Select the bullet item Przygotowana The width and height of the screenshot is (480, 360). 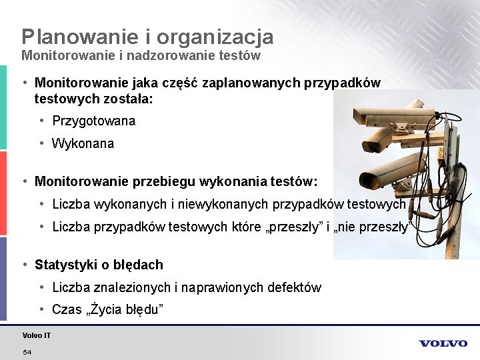tap(93, 121)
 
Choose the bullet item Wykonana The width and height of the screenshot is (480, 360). tap(83, 143)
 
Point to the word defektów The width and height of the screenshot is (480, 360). tap(293, 288)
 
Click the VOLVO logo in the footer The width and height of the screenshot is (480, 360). tap(443, 343)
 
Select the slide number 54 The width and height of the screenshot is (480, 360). tap(27, 351)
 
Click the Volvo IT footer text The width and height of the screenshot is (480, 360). tap(36, 335)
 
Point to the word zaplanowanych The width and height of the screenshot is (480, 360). tap(253, 83)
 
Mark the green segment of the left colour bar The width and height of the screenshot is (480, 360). tap(3, 107)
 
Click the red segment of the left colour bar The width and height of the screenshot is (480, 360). tap(3, 193)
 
